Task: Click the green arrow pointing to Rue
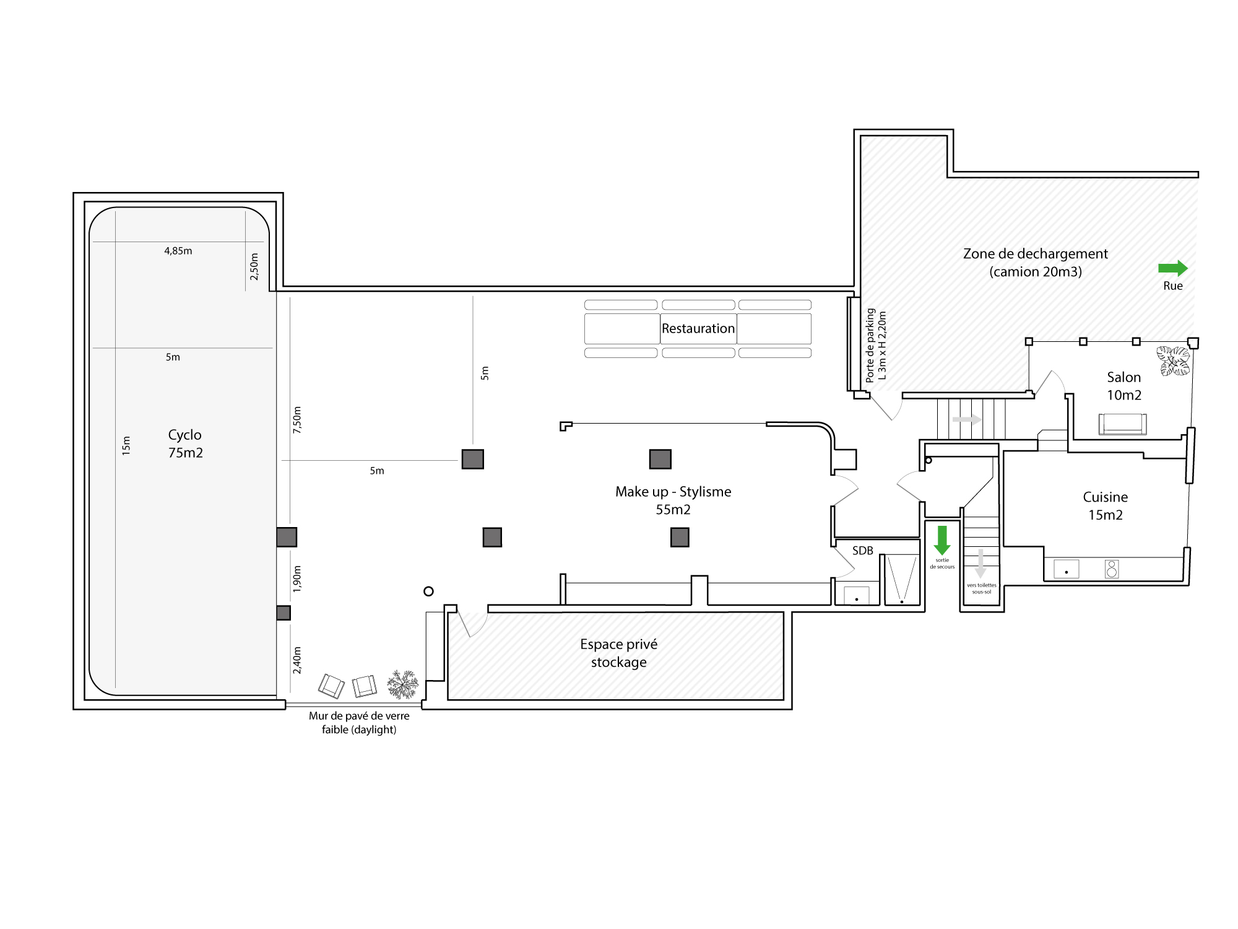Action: click(1173, 268)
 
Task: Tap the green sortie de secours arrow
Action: click(942, 541)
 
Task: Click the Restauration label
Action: click(698, 328)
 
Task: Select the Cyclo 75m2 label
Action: click(185, 443)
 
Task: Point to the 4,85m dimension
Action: click(178, 251)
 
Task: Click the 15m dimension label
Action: click(126, 446)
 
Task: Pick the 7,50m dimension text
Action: click(297, 420)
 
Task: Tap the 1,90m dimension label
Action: click(297, 579)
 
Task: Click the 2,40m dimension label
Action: click(297, 660)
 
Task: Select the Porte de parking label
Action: click(870, 346)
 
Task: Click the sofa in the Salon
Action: click(1122, 424)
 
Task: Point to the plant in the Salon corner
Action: click(1174, 361)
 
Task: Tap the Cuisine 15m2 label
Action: click(1106, 506)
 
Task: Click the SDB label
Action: click(863, 551)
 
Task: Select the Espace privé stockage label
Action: click(619, 653)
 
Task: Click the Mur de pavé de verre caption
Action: click(359, 723)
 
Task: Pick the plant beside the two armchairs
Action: click(403, 684)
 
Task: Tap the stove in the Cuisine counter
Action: click(1112, 569)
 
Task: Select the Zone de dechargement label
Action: click(1036, 263)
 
